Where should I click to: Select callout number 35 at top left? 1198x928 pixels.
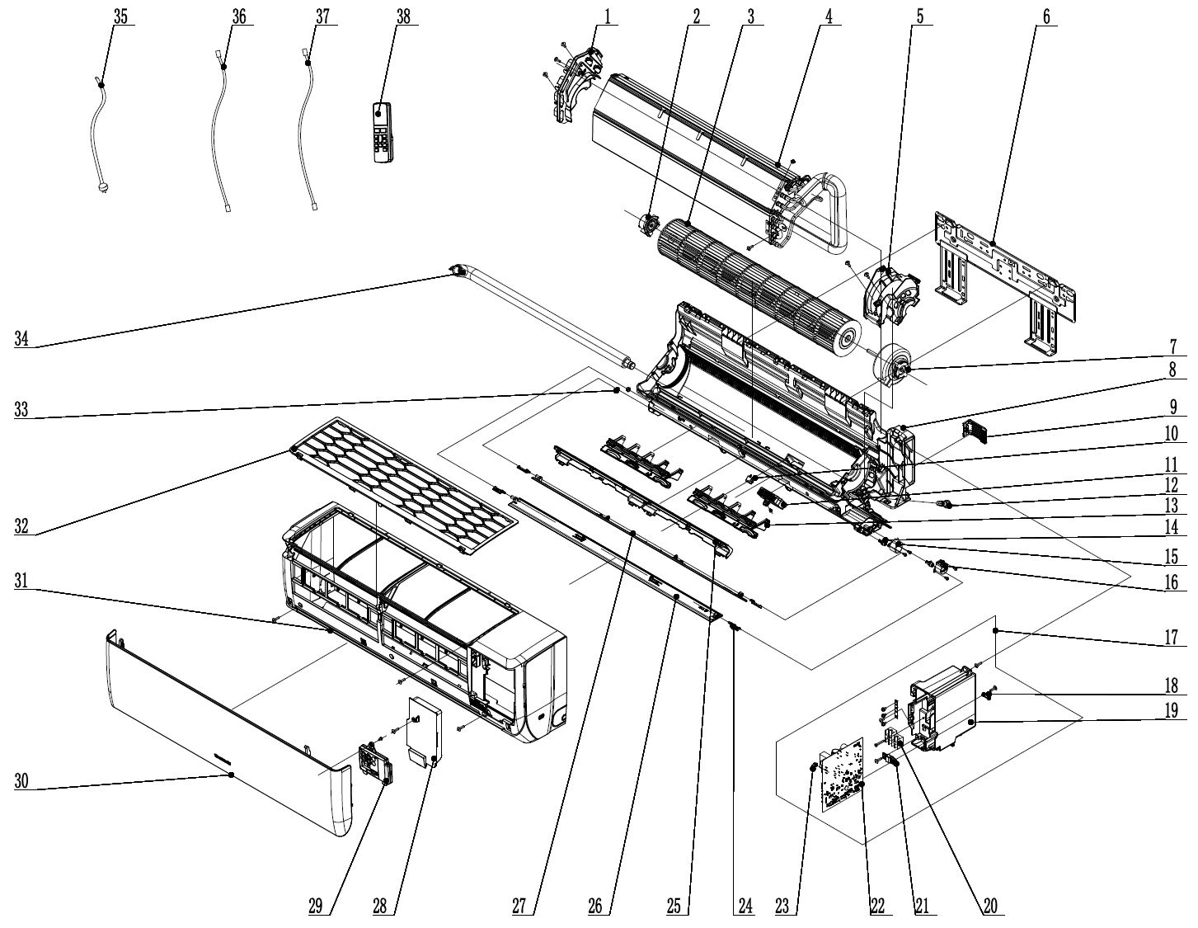[x=120, y=17]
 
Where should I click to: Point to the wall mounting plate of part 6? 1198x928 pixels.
[x=1002, y=272]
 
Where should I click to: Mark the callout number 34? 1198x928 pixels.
[x=22, y=337]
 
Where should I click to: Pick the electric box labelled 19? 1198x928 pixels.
[x=944, y=709]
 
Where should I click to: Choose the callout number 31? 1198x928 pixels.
[x=22, y=581]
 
